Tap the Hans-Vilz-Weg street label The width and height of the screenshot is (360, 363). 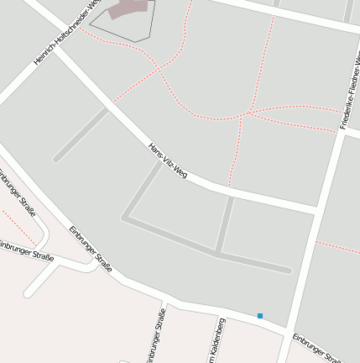tap(168, 160)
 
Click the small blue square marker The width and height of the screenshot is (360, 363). tap(260, 316)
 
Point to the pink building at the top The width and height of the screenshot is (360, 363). tap(131, 8)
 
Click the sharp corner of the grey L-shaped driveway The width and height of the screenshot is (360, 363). tap(125, 218)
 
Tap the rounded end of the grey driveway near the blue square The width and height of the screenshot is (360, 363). tap(288, 271)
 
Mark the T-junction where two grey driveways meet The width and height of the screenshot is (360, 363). tap(219, 251)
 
